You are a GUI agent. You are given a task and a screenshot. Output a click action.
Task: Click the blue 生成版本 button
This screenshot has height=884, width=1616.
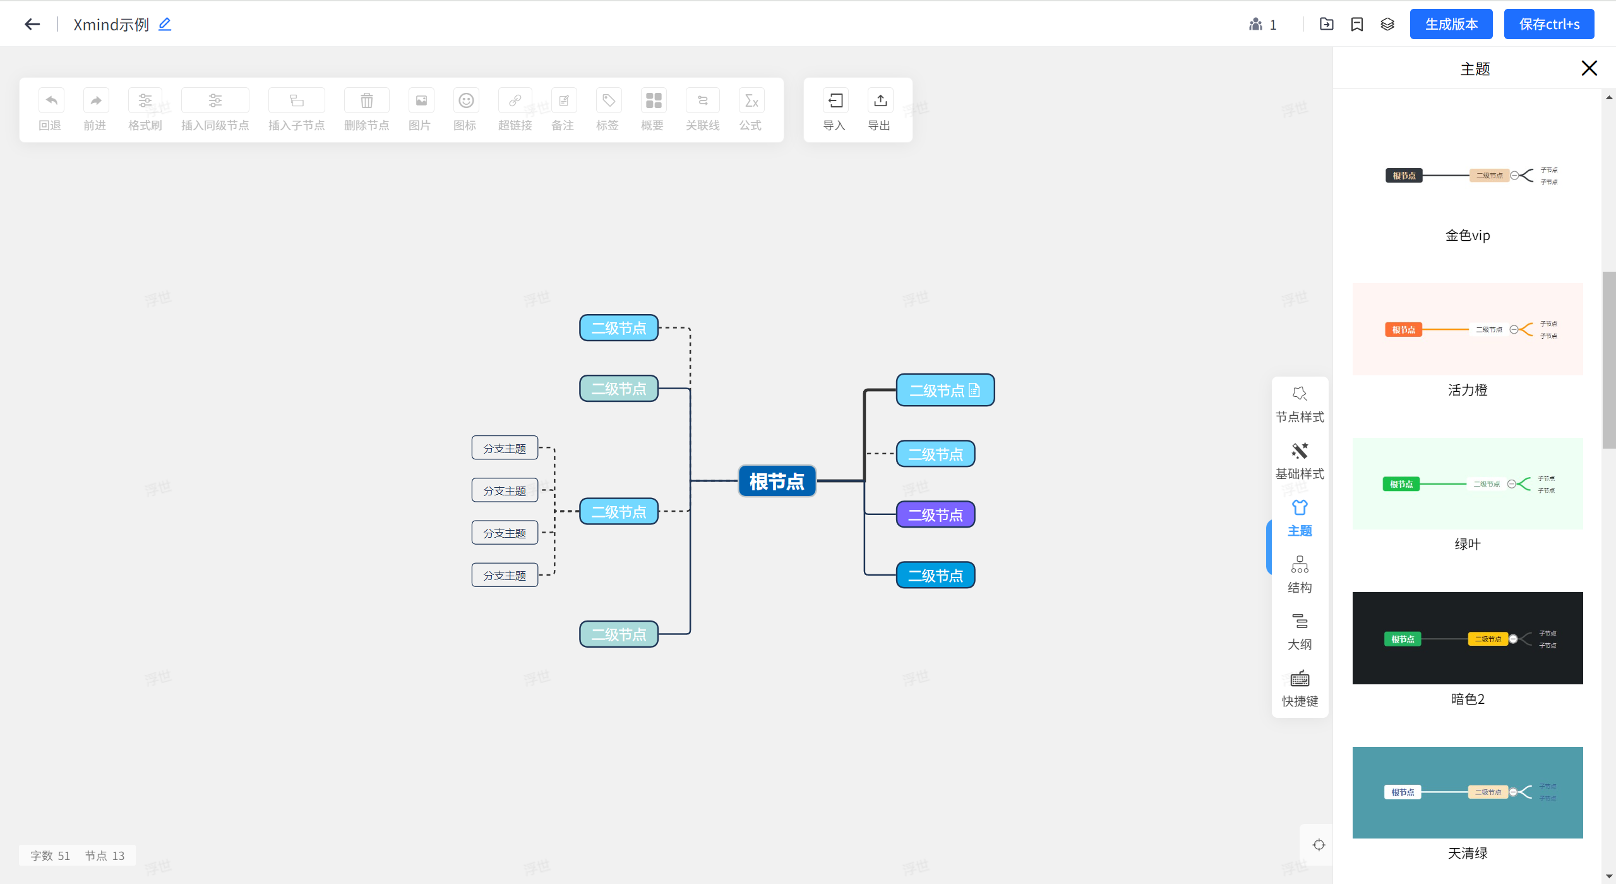click(x=1451, y=24)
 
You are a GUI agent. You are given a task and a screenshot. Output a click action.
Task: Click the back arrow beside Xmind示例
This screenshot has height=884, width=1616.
click(x=32, y=24)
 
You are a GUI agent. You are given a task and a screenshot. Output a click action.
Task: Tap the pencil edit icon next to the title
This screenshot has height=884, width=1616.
click(x=165, y=24)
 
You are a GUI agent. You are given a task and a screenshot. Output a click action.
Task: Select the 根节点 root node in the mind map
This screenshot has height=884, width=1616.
click(x=777, y=481)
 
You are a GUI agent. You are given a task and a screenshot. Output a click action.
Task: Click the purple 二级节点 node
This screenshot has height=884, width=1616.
click(x=935, y=515)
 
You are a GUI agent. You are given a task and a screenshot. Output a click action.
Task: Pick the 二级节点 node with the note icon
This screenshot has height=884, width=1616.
click(x=945, y=391)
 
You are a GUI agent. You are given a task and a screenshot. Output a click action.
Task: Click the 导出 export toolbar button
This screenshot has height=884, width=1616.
click(x=880, y=101)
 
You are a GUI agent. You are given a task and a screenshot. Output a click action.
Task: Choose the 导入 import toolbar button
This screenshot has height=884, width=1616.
click(x=835, y=101)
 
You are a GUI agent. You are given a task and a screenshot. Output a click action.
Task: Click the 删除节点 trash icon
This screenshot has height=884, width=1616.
click(x=366, y=101)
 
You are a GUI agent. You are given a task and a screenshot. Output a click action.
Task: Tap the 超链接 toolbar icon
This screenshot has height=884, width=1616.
click(x=515, y=101)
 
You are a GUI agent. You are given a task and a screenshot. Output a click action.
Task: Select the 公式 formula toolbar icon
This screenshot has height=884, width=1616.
click(x=751, y=101)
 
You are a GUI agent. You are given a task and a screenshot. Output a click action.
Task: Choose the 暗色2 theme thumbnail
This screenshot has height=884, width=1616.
click(x=1467, y=638)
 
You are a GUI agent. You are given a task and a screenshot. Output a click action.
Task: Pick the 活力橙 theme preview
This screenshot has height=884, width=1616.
click(x=1467, y=329)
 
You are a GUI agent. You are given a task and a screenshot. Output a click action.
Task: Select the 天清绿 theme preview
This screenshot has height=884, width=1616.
click(x=1467, y=792)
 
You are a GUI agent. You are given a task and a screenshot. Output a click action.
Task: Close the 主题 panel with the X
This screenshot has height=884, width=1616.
click(x=1589, y=68)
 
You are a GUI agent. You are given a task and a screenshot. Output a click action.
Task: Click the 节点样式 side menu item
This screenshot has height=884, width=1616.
click(x=1300, y=404)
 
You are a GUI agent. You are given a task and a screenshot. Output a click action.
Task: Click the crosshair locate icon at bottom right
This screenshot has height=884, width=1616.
click(x=1319, y=845)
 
